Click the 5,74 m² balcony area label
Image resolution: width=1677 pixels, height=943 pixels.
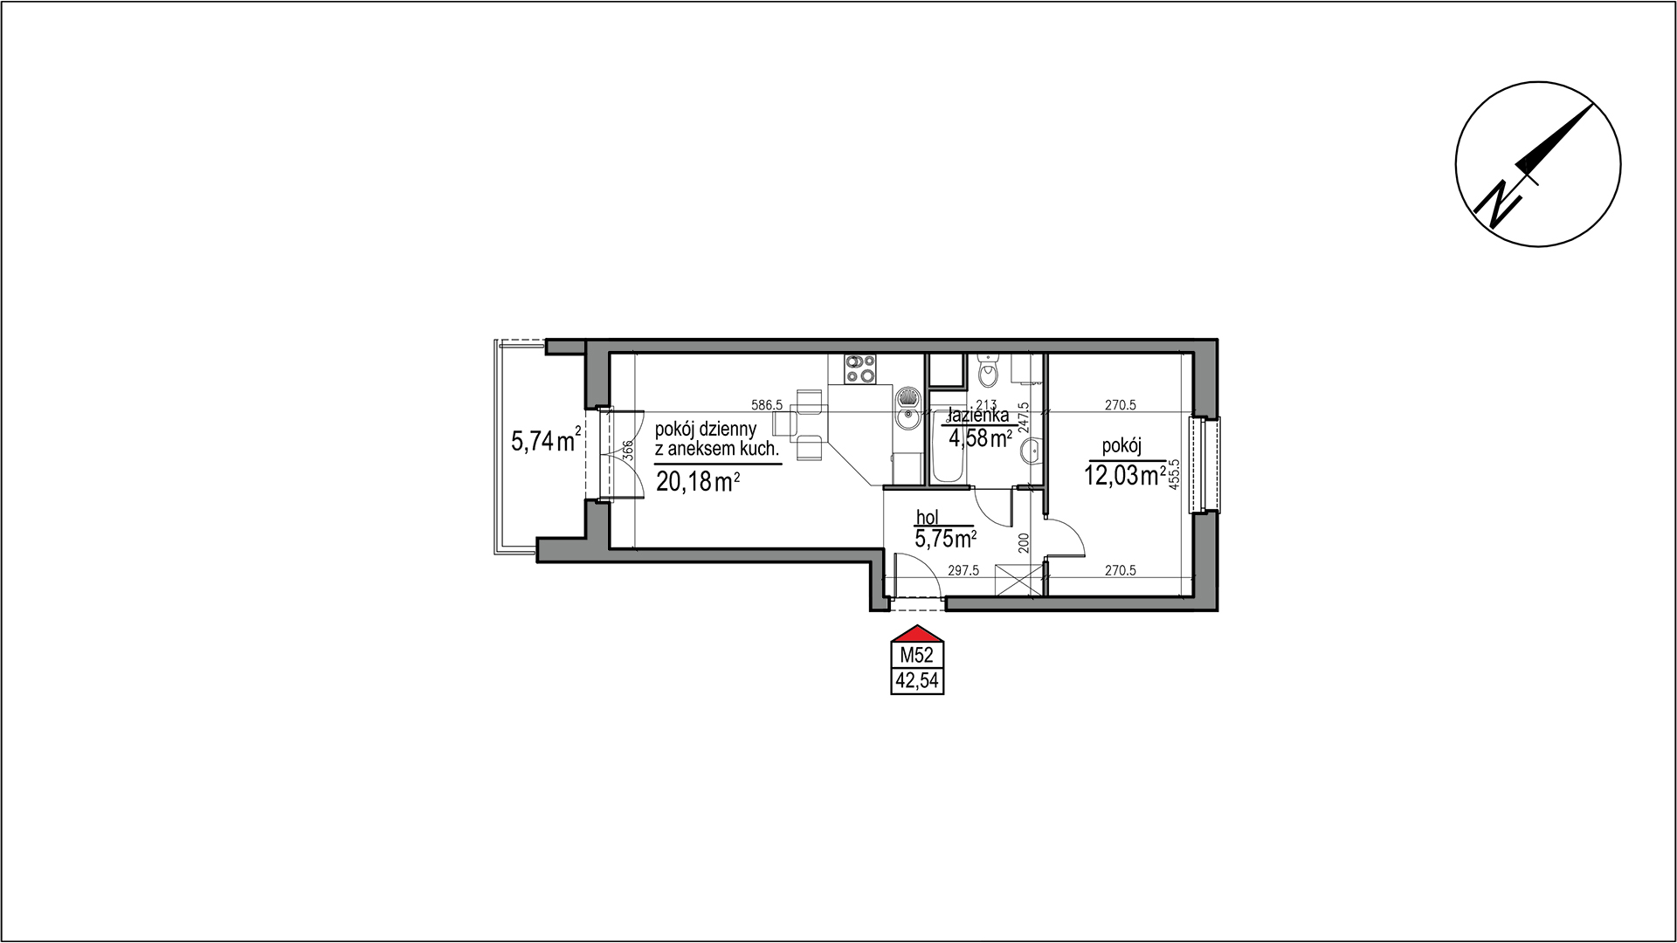point(546,441)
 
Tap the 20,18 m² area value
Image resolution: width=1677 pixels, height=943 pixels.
point(699,481)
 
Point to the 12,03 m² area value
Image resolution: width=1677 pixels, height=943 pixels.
point(1125,476)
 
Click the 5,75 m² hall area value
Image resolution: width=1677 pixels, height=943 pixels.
point(945,538)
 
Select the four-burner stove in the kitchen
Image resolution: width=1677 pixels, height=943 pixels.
point(248,369)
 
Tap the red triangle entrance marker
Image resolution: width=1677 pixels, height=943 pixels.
point(915,634)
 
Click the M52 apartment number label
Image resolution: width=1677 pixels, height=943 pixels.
point(915,655)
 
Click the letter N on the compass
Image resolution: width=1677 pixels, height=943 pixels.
point(1501,202)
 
